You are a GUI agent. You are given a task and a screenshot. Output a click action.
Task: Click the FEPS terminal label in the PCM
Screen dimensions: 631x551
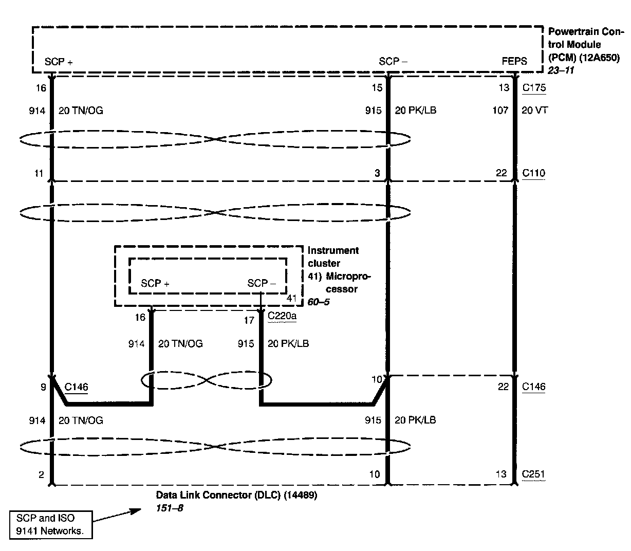(x=514, y=61)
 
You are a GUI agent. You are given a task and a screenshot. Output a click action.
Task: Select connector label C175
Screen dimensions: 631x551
(x=534, y=87)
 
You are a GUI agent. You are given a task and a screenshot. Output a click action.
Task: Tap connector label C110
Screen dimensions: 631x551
(x=533, y=173)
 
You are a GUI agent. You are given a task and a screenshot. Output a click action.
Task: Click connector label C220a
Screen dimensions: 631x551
(x=282, y=316)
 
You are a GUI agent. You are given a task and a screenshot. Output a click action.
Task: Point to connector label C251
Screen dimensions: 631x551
(x=533, y=474)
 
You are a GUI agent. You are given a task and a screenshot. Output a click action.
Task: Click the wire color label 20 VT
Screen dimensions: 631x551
(x=534, y=110)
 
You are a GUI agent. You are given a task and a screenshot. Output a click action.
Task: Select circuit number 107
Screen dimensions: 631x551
(x=500, y=110)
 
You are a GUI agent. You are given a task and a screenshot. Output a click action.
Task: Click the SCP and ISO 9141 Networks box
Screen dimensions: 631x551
(x=51, y=525)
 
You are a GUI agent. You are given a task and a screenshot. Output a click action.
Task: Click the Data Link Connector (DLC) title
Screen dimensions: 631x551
(x=236, y=495)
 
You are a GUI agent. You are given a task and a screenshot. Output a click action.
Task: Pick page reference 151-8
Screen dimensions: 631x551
(x=170, y=508)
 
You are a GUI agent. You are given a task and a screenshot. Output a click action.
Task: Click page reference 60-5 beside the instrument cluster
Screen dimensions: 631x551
(x=318, y=302)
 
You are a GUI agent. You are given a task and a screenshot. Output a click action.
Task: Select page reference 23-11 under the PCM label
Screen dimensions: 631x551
(x=561, y=70)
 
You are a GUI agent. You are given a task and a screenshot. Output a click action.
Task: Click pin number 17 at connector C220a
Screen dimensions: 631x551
(x=249, y=321)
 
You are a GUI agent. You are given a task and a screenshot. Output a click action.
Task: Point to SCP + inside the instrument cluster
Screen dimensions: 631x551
(x=155, y=283)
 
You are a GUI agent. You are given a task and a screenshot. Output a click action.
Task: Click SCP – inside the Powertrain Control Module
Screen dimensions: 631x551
(x=393, y=61)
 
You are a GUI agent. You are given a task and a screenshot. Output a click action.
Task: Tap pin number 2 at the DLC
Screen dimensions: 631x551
(x=41, y=474)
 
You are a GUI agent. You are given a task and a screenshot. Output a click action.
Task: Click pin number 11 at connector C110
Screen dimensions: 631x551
(x=39, y=173)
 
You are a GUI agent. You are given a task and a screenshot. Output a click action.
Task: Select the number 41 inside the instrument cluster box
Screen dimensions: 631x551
(x=291, y=298)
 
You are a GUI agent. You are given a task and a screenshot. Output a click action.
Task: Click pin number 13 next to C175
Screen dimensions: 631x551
(x=504, y=87)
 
